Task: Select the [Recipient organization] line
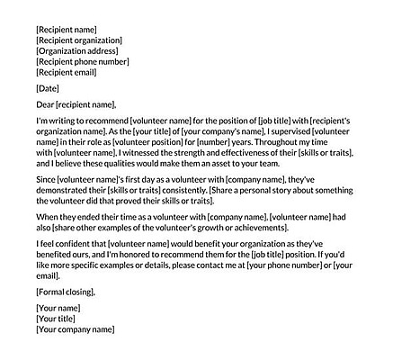(79, 40)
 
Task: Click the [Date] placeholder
(48, 88)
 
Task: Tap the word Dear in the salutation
(46, 104)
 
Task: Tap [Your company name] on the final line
(76, 330)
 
